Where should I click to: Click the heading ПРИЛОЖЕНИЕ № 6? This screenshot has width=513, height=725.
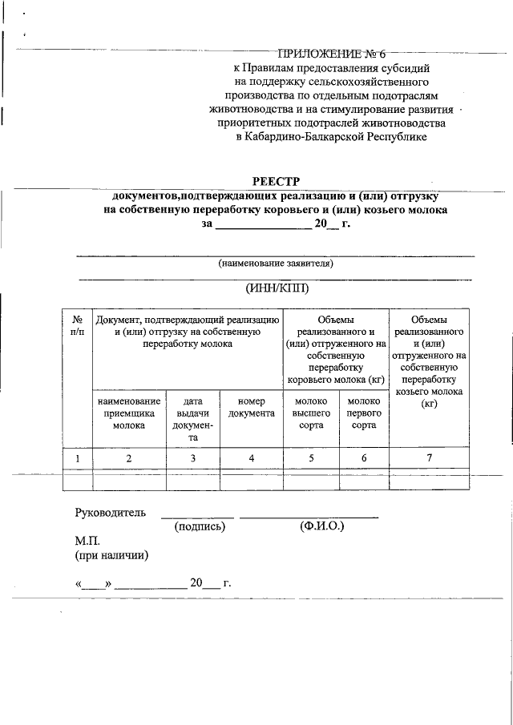pos(331,54)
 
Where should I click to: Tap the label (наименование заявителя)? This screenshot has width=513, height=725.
pos(276,263)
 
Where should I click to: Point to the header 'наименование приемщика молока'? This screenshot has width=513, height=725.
pos(129,413)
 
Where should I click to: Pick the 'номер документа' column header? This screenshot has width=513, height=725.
pos(251,407)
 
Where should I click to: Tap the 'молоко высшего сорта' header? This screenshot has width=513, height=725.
pos(312,413)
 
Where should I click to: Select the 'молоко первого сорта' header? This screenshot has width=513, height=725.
pos(364,413)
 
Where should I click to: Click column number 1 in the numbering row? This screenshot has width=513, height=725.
pos(78,458)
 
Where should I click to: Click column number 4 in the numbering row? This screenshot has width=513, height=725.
pos(251,458)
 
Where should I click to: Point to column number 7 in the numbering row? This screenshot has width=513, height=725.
pos(429,458)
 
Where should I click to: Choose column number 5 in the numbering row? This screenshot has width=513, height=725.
pos(312,458)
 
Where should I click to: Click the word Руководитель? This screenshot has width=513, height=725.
pos(111,513)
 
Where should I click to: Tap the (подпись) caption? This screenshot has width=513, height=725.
pos(200,527)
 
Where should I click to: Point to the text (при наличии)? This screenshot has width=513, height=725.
pos(111,554)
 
